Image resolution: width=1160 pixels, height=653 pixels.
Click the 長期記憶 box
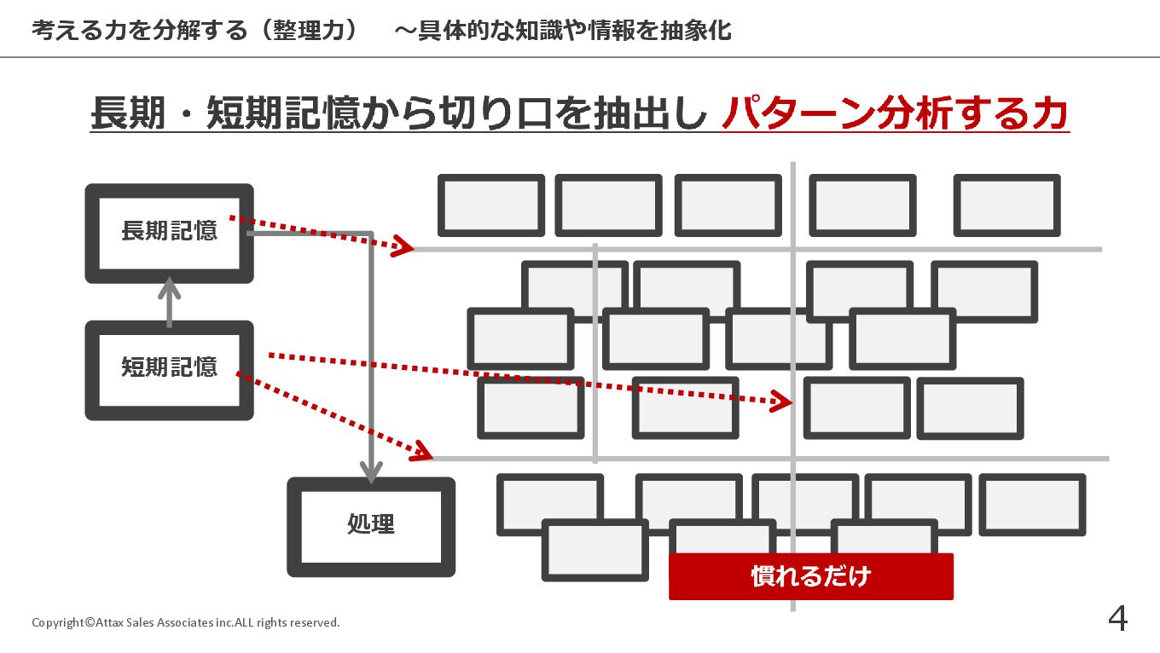[x=169, y=231]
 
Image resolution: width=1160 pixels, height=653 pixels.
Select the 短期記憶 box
[x=169, y=368]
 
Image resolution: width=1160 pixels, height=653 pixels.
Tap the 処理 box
[x=371, y=525]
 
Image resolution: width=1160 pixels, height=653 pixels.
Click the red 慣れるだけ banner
[x=810, y=576]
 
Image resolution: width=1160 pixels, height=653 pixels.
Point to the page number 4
[x=1117, y=619]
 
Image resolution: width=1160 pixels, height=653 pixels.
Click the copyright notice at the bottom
[x=186, y=622]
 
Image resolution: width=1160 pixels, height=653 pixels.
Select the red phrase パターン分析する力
[x=895, y=114]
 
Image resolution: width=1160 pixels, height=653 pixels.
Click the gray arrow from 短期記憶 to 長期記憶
[x=170, y=302]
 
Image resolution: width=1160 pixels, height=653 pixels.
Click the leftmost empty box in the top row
[x=491, y=205]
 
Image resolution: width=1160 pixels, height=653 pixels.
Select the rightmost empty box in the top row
[x=1006, y=205]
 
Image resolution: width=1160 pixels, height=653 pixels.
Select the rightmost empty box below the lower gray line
[x=1032, y=505]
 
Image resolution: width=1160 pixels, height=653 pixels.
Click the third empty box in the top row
[x=728, y=205]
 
